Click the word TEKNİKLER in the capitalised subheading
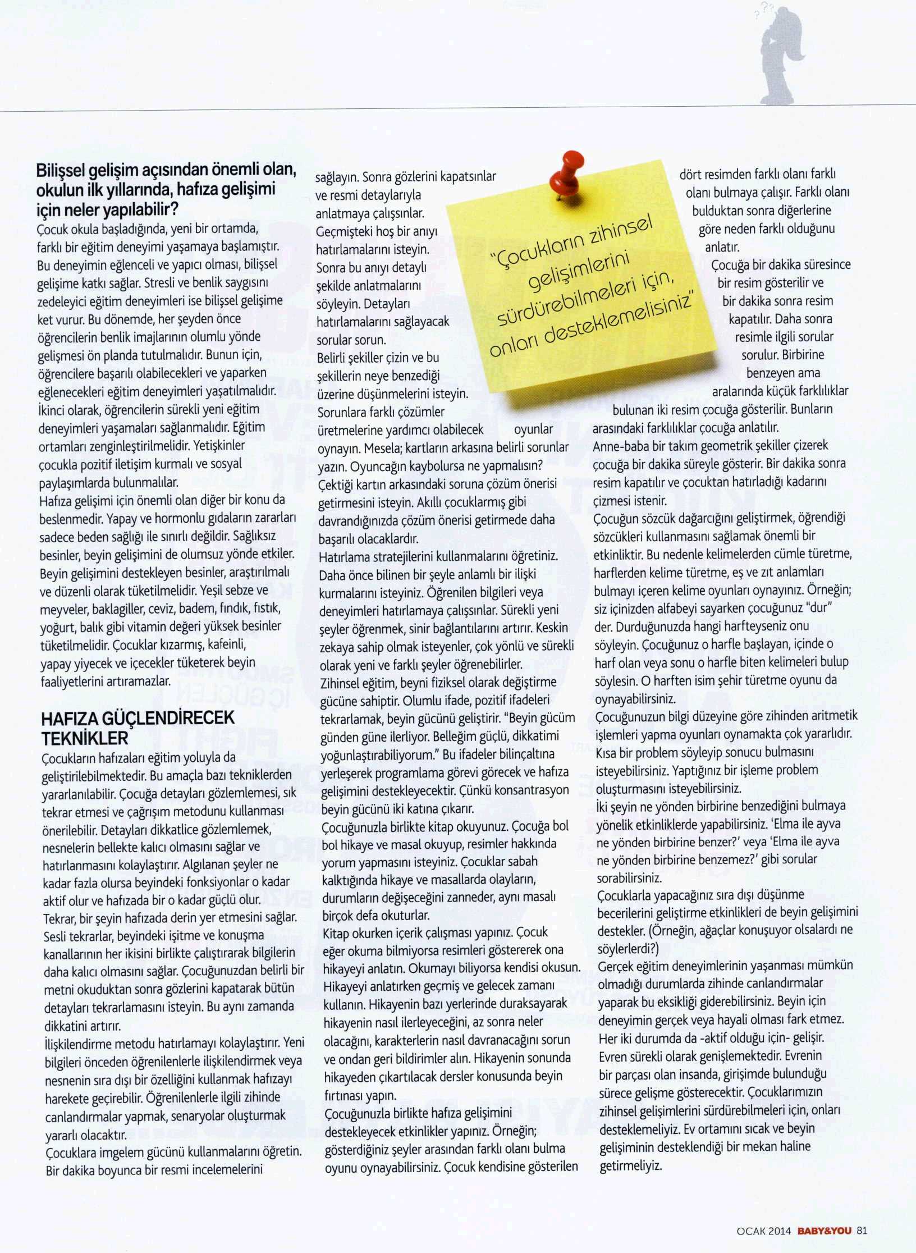pos(85,737)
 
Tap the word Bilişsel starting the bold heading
pos(63,171)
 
